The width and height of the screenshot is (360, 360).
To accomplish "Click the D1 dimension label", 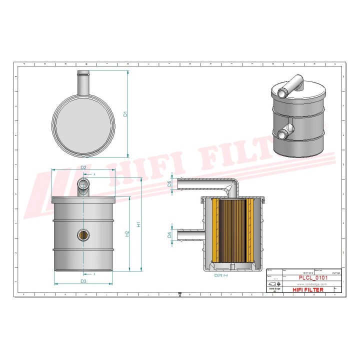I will (x=126, y=114).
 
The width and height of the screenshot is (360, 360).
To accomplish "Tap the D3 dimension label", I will (x=83, y=281).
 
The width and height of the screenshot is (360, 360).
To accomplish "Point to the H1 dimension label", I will (x=140, y=224).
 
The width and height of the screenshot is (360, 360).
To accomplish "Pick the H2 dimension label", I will (x=127, y=233).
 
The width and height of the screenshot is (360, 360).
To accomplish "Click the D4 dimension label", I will (x=169, y=234).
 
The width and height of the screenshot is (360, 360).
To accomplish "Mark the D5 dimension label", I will (x=169, y=184).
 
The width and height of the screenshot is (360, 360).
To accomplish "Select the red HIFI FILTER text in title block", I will (x=307, y=289).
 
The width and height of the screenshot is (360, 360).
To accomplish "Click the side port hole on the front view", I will (x=83, y=234).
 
